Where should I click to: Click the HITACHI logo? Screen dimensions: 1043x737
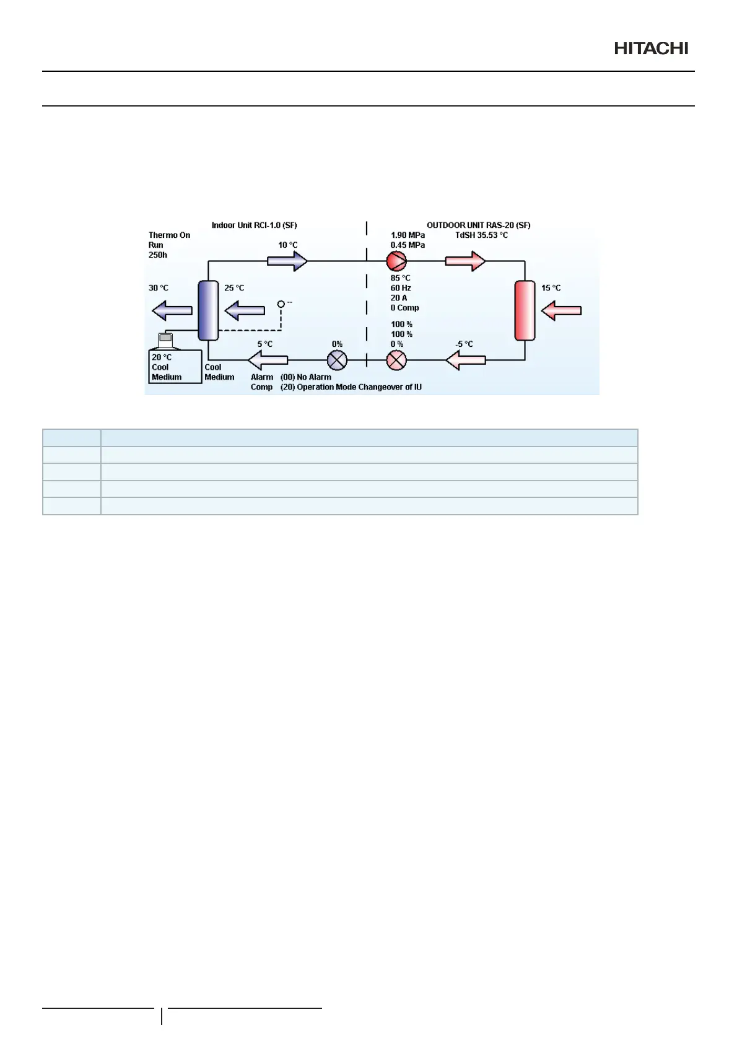coord(651,48)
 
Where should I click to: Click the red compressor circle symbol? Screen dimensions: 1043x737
coord(396,261)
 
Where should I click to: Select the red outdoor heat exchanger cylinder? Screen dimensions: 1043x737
coord(525,310)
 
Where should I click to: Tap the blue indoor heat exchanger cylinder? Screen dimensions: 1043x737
coord(208,310)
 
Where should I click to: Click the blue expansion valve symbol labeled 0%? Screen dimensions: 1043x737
coord(337,360)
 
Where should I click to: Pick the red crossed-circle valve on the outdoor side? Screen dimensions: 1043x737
coord(396,360)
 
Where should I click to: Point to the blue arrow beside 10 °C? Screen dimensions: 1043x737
coord(287,261)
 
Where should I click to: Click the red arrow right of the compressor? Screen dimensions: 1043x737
coord(465,261)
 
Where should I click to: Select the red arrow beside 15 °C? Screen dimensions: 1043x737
coord(561,310)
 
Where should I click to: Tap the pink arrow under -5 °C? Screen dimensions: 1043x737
coord(466,360)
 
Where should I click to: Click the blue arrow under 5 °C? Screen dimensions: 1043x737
coord(268,360)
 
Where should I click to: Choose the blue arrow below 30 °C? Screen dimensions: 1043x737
coord(172,310)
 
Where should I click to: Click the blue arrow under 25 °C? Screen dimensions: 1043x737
coord(245,310)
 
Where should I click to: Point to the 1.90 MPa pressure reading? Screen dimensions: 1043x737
coord(408,235)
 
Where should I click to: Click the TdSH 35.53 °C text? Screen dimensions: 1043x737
coord(481,235)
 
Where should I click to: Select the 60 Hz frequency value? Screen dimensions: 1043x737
coord(401,288)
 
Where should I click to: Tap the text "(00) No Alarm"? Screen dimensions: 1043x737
coord(306,377)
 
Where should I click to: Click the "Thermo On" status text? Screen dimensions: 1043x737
coord(169,235)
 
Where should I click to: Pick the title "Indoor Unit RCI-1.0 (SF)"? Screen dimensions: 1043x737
coord(254,225)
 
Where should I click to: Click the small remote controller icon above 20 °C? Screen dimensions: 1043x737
coord(165,339)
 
